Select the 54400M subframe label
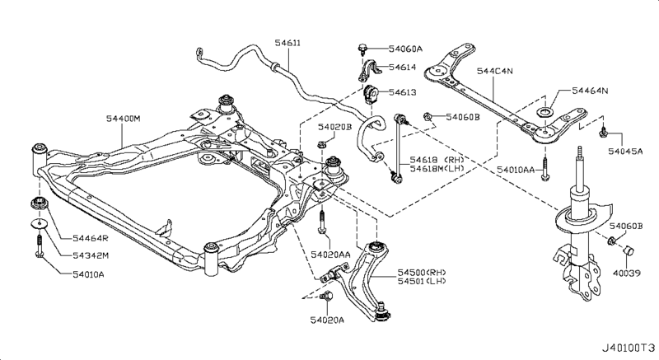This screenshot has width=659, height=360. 123,119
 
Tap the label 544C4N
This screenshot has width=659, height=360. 498,72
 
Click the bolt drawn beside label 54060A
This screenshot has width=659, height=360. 362,49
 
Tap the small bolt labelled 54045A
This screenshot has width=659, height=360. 604,132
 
